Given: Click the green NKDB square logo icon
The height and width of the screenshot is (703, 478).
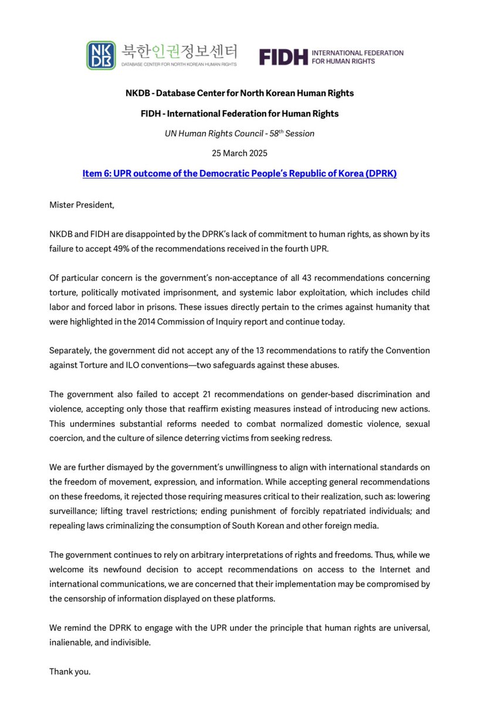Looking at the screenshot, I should [101, 56].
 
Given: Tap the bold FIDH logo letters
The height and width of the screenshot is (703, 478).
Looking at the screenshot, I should [284, 56].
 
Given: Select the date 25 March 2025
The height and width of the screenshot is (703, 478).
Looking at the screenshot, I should [239, 153].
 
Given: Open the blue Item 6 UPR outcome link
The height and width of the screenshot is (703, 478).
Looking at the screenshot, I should [239, 174].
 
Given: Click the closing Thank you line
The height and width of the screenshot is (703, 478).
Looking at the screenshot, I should [70, 671].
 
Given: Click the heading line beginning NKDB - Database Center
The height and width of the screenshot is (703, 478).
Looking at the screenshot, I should [239, 93].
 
